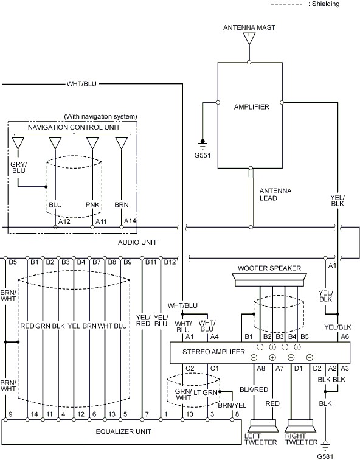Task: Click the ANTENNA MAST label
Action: coord(249,27)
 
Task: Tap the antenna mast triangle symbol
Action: coord(249,38)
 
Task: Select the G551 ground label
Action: coord(202,155)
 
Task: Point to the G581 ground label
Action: coord(325,456)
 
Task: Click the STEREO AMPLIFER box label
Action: coord(213,352)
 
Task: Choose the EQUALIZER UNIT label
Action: coord(123,431)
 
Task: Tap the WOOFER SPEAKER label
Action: coord(269,268)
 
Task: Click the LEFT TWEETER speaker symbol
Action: coord(263,426)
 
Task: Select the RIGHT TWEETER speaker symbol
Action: coord(301,426)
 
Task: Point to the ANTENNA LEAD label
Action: coord(275,195)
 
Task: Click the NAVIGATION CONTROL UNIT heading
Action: coord(74,127)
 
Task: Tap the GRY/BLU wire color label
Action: coord(18,167)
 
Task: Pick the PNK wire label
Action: coord(92,205)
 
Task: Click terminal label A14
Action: coord(130,221)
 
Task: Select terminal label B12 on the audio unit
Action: coord(170,262)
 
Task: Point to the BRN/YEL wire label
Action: coord(232,405)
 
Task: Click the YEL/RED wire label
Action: coord(143,320)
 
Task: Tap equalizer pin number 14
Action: coord(34,414)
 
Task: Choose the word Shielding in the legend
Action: coord(326,4)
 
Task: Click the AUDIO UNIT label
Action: coord(137,242)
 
